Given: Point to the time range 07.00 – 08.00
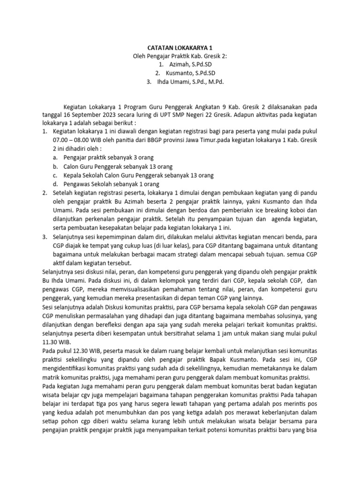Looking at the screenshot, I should [74, 140].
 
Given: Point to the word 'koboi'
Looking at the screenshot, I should [304, 210].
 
